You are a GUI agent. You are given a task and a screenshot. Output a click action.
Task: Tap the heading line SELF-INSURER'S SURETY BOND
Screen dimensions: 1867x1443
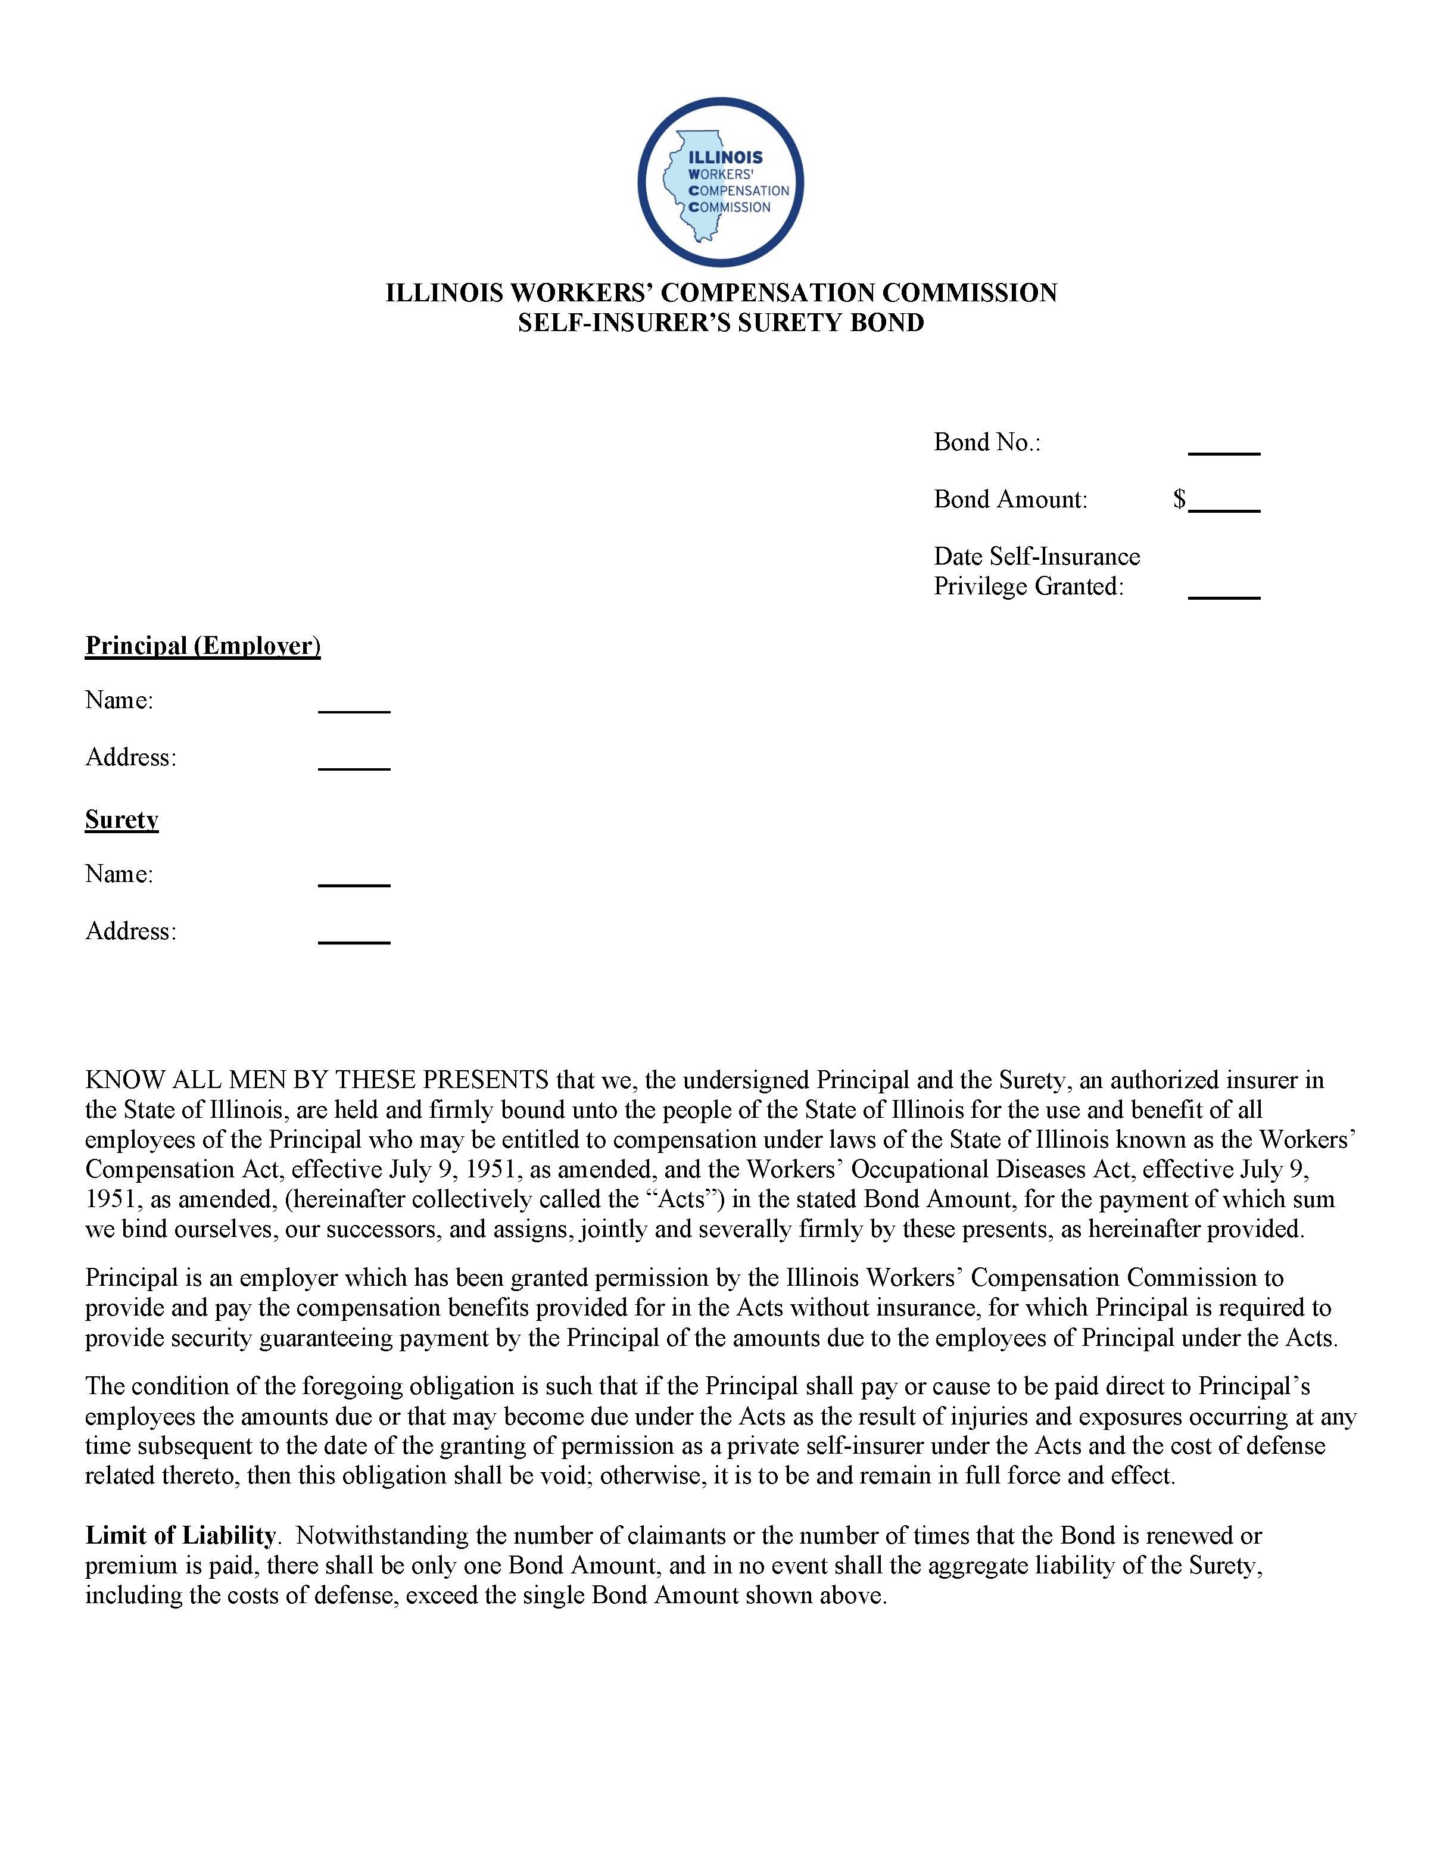(721, 323)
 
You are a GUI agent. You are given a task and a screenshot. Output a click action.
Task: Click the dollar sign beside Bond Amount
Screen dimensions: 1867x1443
(1179, 499)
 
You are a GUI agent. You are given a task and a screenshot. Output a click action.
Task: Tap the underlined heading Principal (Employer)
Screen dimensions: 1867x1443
(202, 646)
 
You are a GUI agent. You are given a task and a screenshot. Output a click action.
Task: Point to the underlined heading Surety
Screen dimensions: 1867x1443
(121, 820)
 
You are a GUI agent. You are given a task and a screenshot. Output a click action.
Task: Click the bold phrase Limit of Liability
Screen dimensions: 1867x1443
(180, 1536)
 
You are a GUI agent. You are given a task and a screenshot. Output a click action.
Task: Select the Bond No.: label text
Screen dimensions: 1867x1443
(986, 443)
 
